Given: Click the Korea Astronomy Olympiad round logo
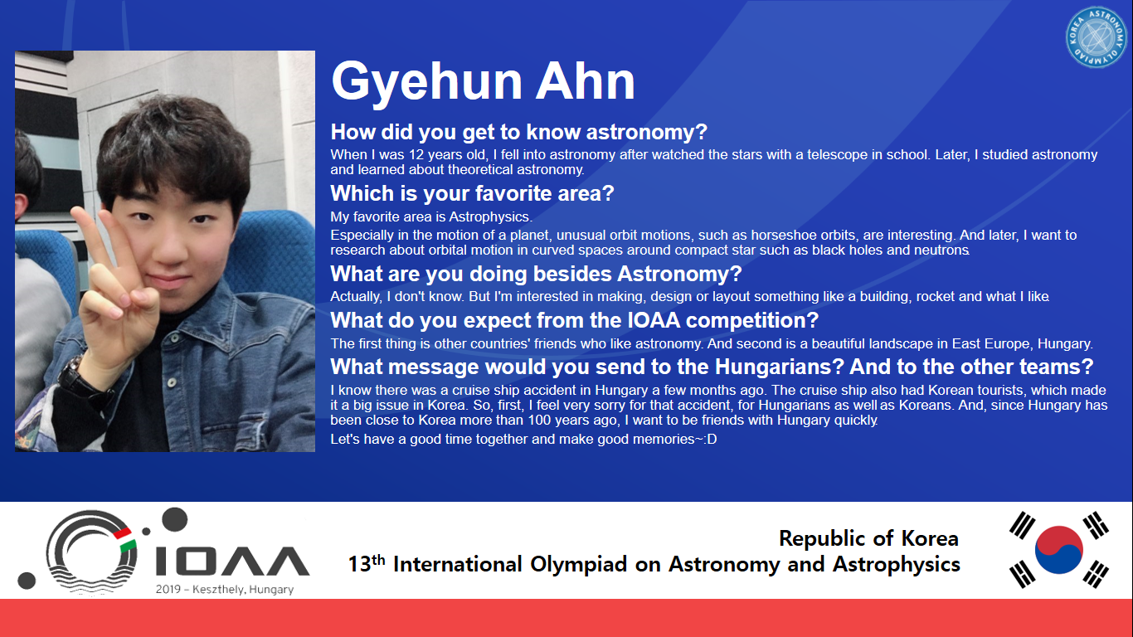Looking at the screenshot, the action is click(x=1096, y=37).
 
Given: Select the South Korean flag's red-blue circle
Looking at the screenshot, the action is click(x=1058, y=549).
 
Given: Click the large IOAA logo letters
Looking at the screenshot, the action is click(x=232, y=561).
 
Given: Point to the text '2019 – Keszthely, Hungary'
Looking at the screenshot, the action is click(x=225, y=590).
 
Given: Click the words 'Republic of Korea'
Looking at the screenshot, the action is click(x=868, y=538).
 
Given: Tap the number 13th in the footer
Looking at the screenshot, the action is click(x=367, y=563).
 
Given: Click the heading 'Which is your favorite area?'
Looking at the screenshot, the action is click(x=472, y=193).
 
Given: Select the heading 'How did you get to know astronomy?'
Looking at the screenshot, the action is click(x=518, y=132).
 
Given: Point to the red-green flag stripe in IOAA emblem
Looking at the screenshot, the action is click(x=124, y=540).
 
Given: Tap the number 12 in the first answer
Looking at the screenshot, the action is click(x=416, y=154).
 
